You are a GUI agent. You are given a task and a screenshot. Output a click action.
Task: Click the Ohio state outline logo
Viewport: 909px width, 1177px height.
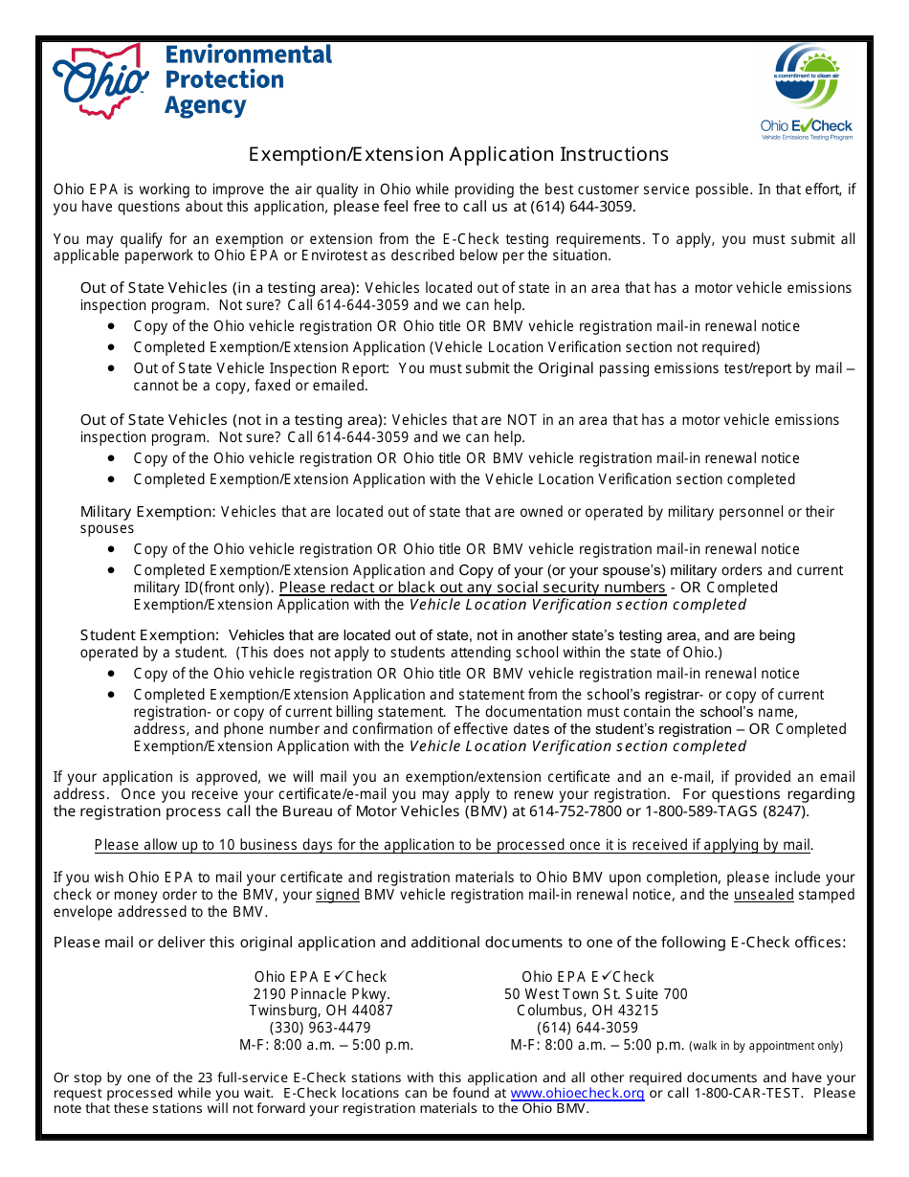click(100, 82)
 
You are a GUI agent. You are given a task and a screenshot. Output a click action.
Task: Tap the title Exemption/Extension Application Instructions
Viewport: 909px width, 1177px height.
click(458, 155)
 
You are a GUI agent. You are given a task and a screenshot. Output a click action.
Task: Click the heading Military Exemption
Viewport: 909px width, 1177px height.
click(147, 512)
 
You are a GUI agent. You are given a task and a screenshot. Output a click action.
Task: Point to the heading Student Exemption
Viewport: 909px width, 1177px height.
click(149, 635)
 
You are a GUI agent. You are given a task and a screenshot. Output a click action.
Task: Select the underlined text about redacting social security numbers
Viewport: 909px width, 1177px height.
click(472, 588)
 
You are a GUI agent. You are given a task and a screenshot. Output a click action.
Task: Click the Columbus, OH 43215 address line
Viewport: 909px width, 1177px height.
click(588, 1010)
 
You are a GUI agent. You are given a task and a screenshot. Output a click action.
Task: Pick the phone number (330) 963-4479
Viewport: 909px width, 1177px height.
click(321, 1028)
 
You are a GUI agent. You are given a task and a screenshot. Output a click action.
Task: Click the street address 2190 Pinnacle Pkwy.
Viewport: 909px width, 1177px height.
click(321, 994)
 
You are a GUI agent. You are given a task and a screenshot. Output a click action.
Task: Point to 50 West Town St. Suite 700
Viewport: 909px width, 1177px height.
click(596, 994)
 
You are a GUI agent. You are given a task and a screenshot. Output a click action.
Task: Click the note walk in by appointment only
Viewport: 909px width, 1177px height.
click(766, 1046)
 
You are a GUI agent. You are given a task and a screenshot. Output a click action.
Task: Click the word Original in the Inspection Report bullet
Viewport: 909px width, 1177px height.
click(565, 368)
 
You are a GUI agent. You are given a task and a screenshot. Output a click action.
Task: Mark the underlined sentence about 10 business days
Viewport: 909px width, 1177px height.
click(454, 845)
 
